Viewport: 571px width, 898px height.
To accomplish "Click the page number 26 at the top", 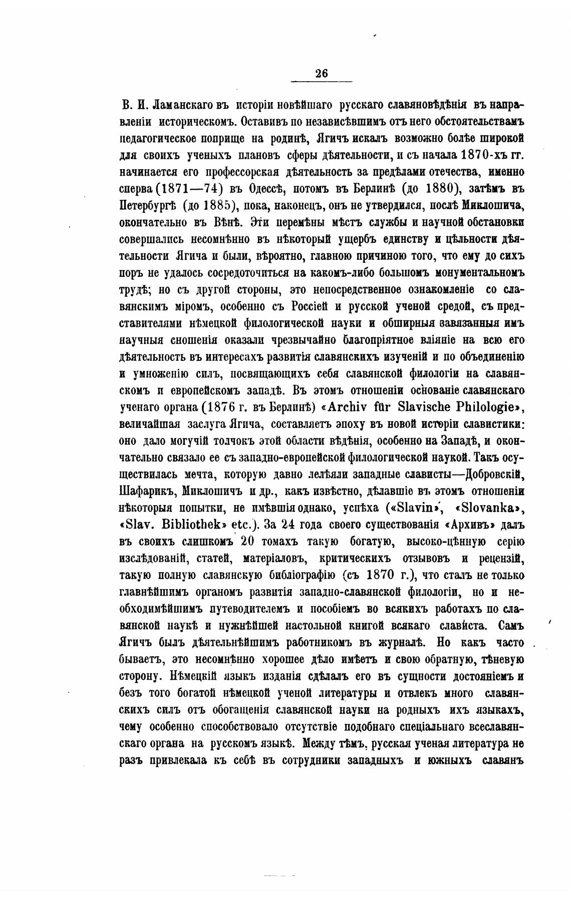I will click(x=322, y=73).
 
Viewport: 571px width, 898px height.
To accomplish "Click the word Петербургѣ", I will click(x=148, y=205).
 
